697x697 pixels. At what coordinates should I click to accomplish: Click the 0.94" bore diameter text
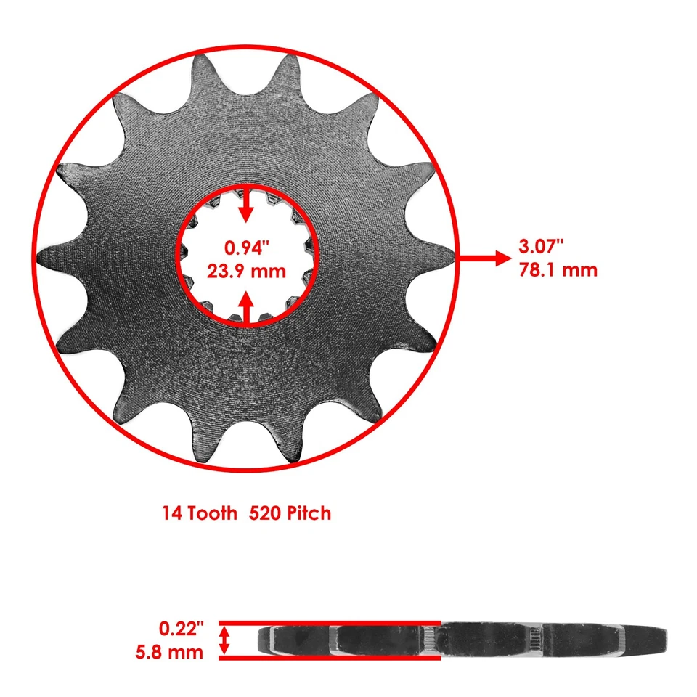tap(247, 248)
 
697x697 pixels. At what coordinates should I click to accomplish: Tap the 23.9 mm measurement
tap(247, 272)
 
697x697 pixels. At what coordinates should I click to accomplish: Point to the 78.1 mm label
tap(558, 270)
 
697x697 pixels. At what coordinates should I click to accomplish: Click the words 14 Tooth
tap(199, 513)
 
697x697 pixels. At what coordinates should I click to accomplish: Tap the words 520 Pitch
tap(290, 513)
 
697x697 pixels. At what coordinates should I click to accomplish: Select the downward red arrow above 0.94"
tap(247, 205)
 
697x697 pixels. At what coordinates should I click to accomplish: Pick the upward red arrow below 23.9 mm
tap(247, 306)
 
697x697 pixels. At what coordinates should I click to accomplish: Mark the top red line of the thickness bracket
tap(330, 622)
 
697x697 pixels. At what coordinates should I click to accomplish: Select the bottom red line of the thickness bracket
tap(330, 659)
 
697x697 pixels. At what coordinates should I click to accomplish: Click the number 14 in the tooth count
tap(172, 513)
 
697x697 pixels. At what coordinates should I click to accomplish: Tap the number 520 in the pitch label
tap(263, 513)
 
